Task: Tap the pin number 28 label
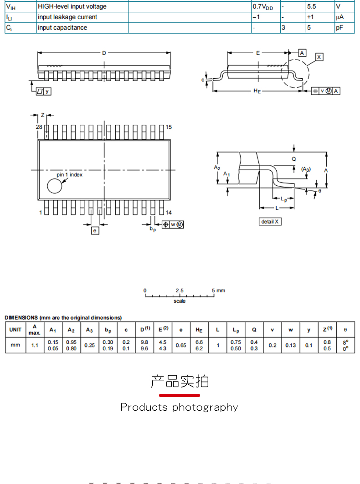click(x=39, y=127)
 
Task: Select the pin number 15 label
click(x=169, y=127)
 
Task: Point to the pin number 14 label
click(x=169, y=212)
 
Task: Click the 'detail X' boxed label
click(x=270, y=222)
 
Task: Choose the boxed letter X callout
click(x=319, y=57)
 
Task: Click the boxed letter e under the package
click(x=95, y=230)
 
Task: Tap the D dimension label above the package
click(x=104, y=53)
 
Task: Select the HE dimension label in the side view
click(x=257, y=91)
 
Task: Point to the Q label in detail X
click(x=293, y=159)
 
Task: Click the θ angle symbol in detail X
click(x=320, y=191)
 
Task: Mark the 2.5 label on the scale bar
click(x=180, y=290)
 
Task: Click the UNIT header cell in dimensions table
click(x=15, y=330)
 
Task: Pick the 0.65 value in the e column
click(x=181, y=346)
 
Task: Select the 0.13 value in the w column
click(x=290, y=346)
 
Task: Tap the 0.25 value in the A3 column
click(x=90, y=346)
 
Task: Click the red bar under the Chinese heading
click(x=180, y=395)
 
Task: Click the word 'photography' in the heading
click(x=205, y=408)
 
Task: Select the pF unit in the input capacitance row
click(x=339, y=28)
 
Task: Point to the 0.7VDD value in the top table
click(x=263, y=7)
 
